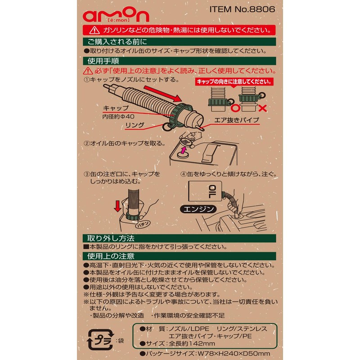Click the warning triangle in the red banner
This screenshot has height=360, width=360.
point(94,30)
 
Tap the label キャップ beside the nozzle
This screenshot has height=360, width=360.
point(116,108)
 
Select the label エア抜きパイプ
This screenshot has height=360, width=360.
point(237,121)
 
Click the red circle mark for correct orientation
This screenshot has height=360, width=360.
point(234,108)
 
